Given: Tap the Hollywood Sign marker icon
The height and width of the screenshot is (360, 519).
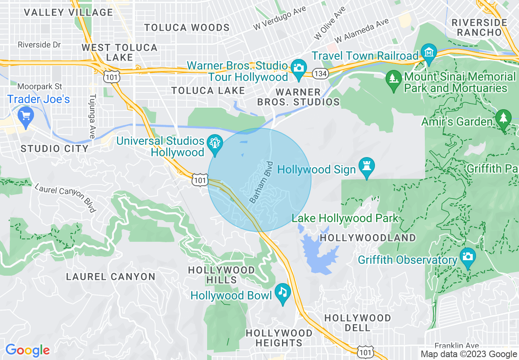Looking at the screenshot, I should (366, 166).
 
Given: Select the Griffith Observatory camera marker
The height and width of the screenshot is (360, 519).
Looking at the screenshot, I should (467, 256).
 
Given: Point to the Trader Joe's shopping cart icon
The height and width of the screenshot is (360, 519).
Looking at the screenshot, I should (26, 115).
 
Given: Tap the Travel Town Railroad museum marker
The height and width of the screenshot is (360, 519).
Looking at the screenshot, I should (429, 53).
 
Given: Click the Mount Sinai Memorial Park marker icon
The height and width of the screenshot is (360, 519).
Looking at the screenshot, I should (394, 77).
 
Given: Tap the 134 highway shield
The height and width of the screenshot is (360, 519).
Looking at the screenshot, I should (319, 74).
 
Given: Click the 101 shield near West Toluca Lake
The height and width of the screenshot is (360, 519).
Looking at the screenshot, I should (111, 77).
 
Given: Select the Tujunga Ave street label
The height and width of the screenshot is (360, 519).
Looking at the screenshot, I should (92, 116).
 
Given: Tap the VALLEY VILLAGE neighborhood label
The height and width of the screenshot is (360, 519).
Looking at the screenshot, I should (68, 13).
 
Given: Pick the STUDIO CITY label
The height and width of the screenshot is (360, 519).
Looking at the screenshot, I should (54, 148).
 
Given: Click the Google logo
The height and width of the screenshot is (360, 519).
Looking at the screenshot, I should (27, 350).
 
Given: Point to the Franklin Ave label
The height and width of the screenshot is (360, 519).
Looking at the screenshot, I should (457, 346).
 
